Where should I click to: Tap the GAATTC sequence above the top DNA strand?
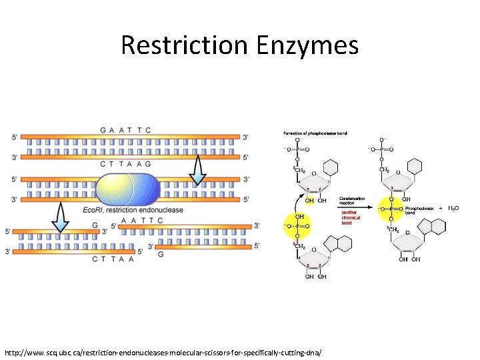pos(125,129)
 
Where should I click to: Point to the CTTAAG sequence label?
pos(125,164)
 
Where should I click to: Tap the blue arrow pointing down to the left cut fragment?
pos(61,217)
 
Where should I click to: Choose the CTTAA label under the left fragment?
pos(113,259)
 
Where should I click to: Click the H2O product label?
pos(453,209)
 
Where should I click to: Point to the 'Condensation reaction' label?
pos(352,201)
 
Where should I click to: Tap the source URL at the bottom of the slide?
pos(163,351)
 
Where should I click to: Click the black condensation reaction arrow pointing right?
pos(351,209)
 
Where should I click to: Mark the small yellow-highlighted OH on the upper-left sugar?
pos(309,200)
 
